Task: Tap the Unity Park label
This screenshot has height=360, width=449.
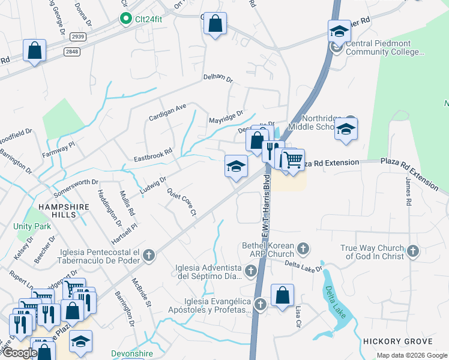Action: pos(32,227)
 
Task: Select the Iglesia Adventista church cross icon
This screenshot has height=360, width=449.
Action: pos(252,272)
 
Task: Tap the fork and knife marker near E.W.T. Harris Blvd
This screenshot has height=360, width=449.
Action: pos(273,150)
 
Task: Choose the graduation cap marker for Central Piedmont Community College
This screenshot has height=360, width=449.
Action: pos(339,32)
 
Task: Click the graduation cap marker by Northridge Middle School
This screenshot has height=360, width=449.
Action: pos(345,130)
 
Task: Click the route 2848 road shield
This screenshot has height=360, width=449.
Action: pos(71,52)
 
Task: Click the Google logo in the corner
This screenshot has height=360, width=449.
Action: pos(19,353)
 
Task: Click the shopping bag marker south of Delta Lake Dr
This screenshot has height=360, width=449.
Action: pos(282,296)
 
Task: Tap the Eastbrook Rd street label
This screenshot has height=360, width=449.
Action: pos(152,155)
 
